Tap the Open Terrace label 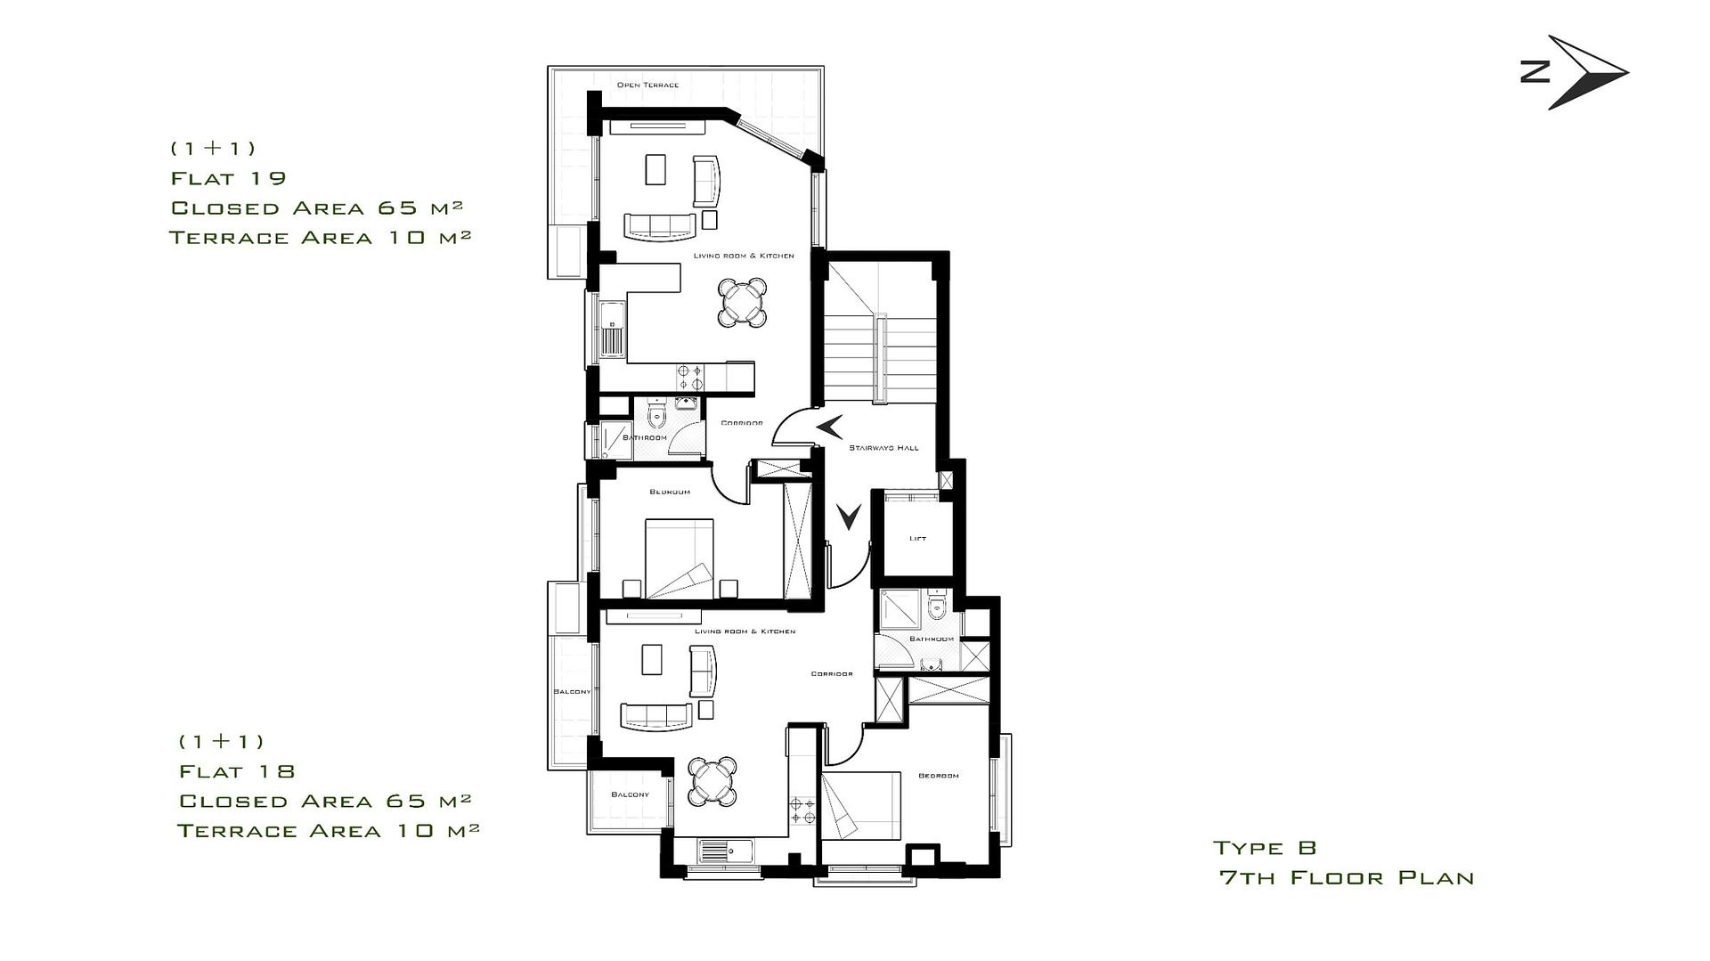point(647,86)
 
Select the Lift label point(917,539)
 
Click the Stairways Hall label point(883,448)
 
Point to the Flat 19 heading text point(229,178)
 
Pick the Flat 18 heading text point(237,771)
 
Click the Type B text point(1265,848)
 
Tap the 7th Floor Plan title point(1347,878)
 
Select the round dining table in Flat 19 point(743,303)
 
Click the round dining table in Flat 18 point(713,780)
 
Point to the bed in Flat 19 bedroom point(680,558)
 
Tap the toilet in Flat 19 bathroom point(657,415)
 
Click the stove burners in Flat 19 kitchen point(689,377)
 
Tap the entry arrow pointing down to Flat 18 point(849,516)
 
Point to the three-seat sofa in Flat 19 point(660,226)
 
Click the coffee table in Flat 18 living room point(652,660)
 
